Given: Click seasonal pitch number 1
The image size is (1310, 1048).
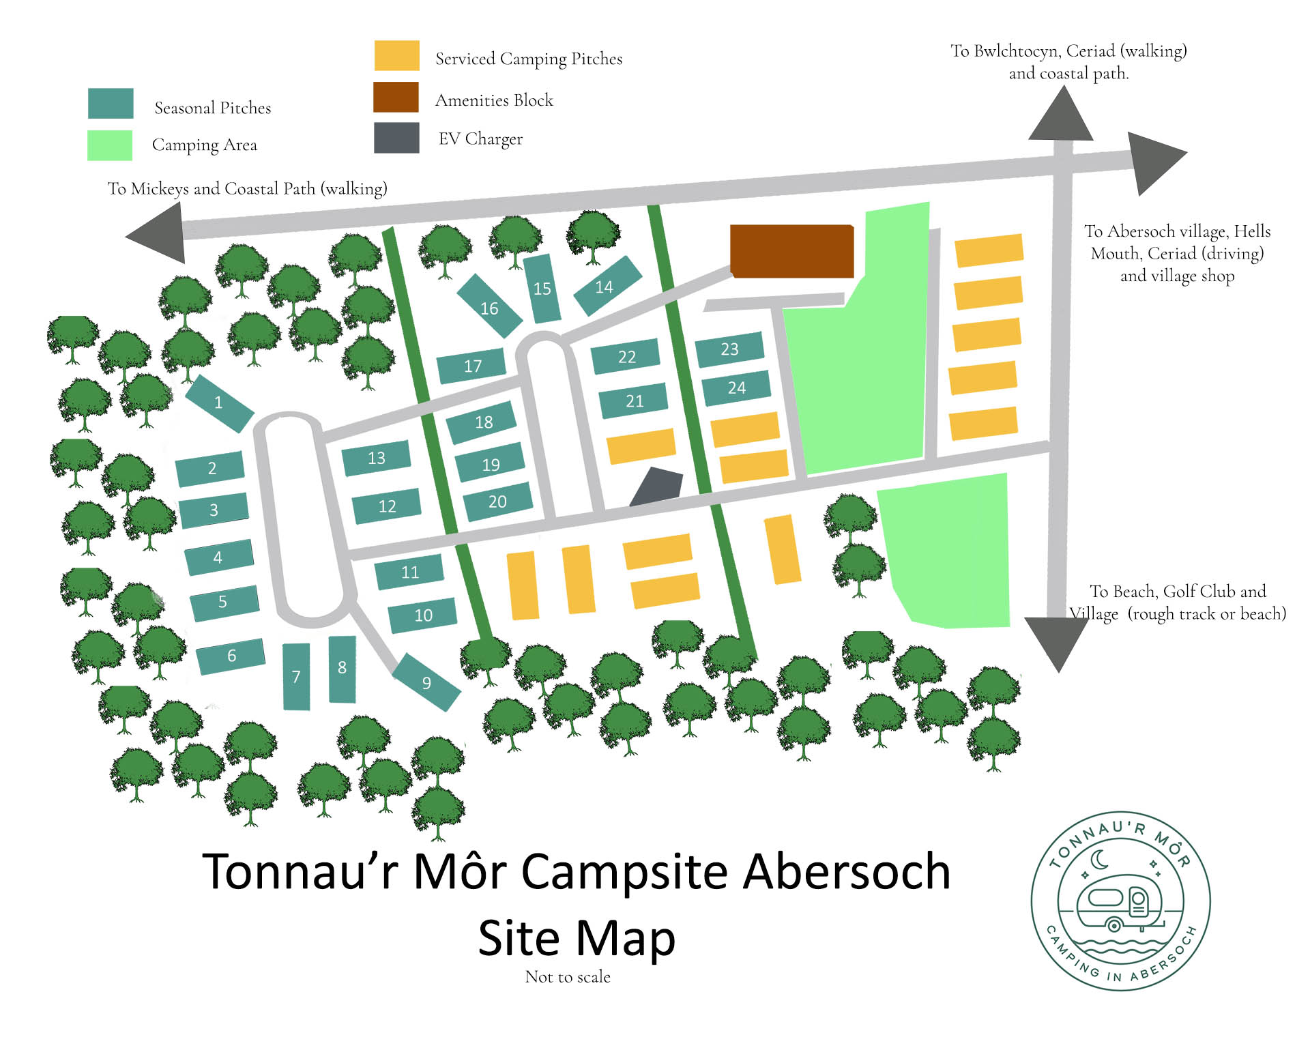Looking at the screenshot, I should click(x=219, y=403).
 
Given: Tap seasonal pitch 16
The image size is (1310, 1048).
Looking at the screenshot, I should click(x=489, y=308).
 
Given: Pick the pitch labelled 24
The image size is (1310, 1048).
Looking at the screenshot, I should click(x=736, y=388).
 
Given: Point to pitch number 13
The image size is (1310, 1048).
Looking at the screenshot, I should click(x=376, y=458).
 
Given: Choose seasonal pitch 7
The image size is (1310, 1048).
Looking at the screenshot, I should click(x=296, y=676).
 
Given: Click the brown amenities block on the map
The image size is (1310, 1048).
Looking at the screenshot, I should click(x=791, y=251).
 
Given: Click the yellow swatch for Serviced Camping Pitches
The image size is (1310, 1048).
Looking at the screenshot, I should click(x=396, y=55).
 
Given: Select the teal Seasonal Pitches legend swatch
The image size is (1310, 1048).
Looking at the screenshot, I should click(x=111, y=104).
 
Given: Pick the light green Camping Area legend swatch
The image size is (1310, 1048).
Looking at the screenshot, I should click(x=110, y=145).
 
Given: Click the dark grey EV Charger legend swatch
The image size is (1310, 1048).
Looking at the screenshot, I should click(x=396, y=138).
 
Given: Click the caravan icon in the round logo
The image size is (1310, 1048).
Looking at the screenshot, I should click(x=1119, y=904).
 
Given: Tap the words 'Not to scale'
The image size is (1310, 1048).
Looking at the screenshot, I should click(x=568, y=977).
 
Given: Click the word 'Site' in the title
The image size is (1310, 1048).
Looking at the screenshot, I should click(x=519, y=938).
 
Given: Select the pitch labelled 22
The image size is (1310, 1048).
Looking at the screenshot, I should click(x=626, y=356).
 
